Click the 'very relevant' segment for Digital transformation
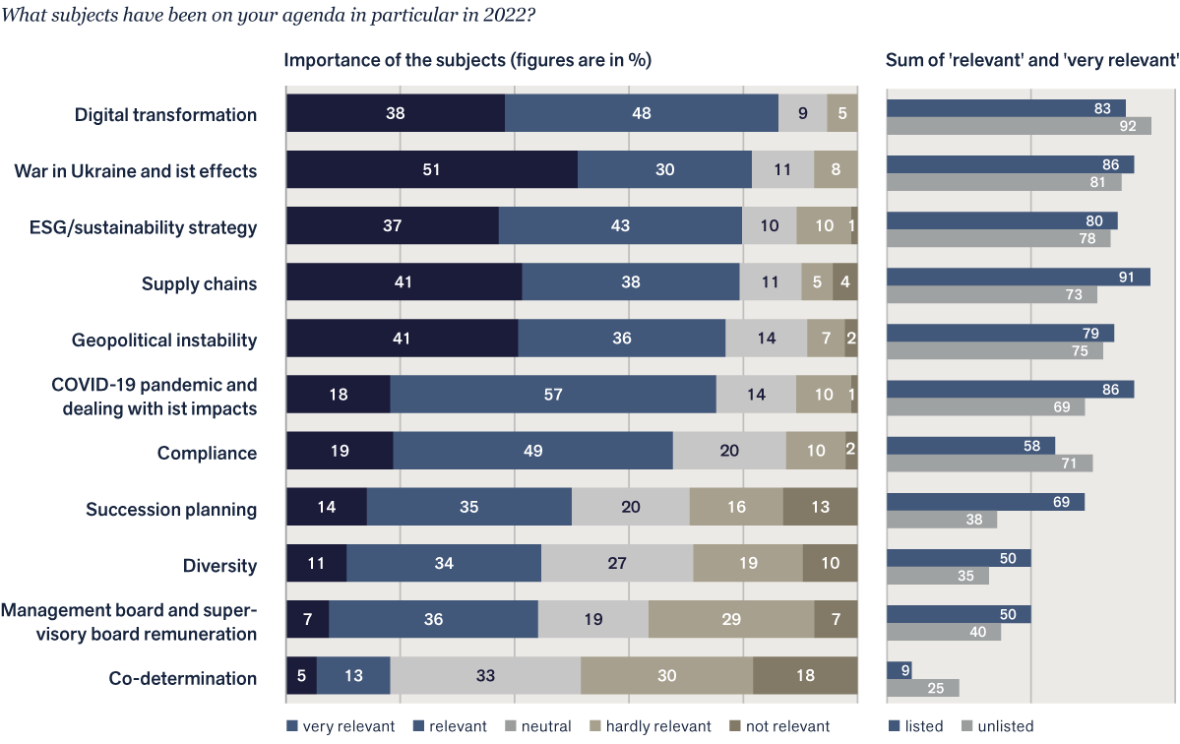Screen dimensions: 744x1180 coord(395,113)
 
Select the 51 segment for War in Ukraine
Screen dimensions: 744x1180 coord(431,169)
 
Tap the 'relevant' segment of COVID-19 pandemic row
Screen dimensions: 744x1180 coord(552,395)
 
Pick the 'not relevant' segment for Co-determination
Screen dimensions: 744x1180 coord(804,677)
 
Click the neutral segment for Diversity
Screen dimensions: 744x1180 coord(617,565)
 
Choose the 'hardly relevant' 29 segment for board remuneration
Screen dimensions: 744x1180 coord(731,620)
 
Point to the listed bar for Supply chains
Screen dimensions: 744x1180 coord(1018,277)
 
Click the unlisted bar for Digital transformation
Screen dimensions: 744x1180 coord(1019,126)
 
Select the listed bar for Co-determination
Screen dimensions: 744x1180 coord(900,670)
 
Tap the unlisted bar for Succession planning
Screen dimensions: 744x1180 coord(942,520)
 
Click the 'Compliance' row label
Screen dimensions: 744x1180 coord(207,454)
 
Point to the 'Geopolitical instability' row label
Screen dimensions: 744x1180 coord(164,341)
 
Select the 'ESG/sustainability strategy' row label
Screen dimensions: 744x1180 coord(144,227)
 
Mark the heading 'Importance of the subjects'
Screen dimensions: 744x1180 coord(467,60)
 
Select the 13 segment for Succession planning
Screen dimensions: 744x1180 coord(820,508)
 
